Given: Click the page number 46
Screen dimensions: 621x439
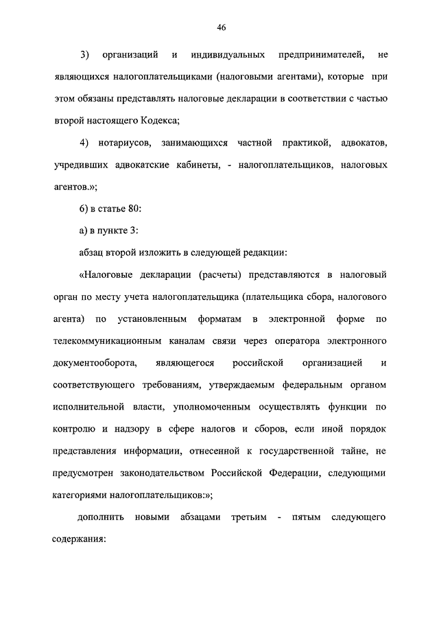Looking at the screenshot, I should click(221, 27).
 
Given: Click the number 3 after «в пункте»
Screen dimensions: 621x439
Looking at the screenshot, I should click(136, 231).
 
